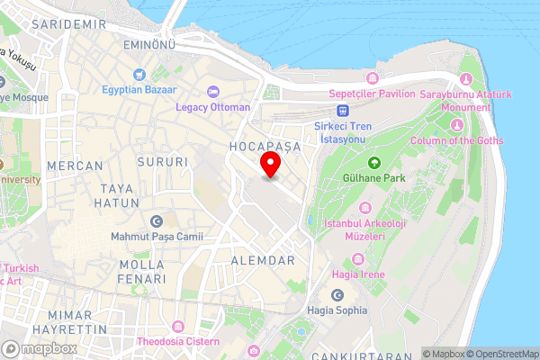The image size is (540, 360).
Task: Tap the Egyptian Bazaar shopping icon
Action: point(139,74)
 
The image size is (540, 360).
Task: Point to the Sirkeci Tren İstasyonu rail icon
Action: point(343,107)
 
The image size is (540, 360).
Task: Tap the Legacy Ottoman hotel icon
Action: point(212,91)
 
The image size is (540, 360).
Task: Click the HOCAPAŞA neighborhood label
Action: point(263,145)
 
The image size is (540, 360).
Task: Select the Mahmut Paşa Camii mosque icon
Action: point(157,221)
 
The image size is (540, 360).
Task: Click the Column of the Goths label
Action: point(456,141)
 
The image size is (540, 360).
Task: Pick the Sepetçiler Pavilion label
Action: point(372,94)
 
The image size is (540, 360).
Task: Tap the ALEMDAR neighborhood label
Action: point(263,260)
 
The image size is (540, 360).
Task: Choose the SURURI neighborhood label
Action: point(163,162)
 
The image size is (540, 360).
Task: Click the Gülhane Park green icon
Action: point(374,162)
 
